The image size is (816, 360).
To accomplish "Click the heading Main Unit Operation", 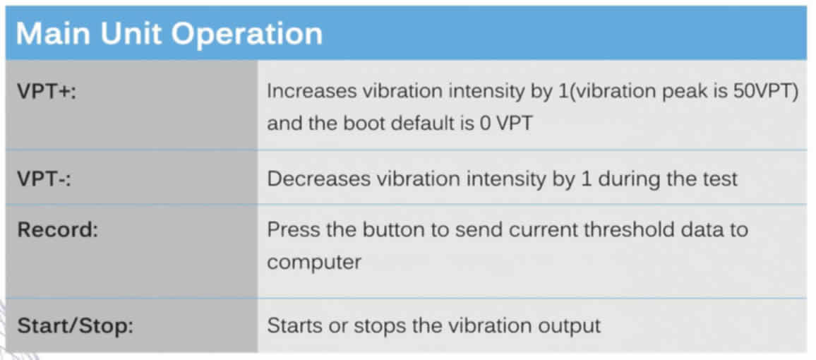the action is click(x=169, y=33).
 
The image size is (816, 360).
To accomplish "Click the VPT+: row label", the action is click(x=47, y=92).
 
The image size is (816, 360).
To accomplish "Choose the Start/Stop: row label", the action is click(x=76, y=326).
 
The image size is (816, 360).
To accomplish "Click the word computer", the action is click(x=314, y=263).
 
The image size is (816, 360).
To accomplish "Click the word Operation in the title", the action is click(x=246, y=33).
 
